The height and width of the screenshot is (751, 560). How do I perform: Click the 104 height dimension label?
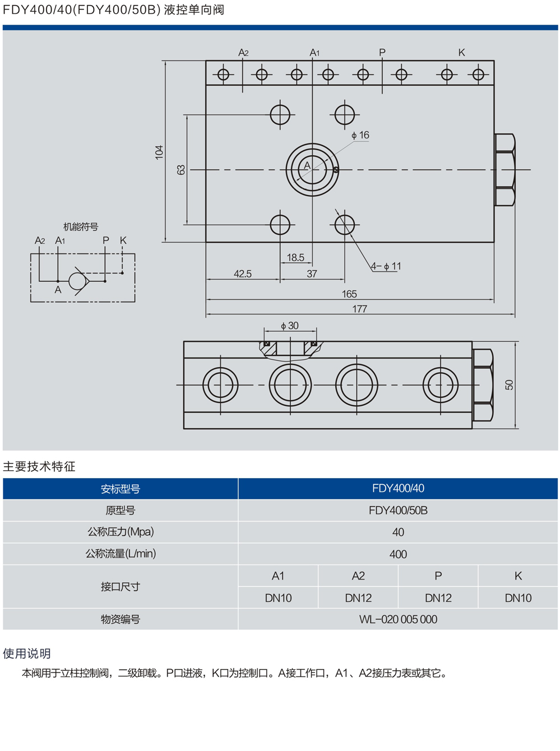tap(159, 152)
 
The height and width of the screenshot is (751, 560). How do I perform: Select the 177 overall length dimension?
tap(359, 309)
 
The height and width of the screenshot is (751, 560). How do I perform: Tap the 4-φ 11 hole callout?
tap(386, 266)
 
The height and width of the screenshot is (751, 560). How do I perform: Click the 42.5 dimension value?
tap(243, 273)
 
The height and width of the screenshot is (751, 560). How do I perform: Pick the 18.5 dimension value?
tap(295, 257)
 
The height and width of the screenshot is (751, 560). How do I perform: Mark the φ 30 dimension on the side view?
tap(290, 326)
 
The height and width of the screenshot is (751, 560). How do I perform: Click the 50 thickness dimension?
tap(509, 384)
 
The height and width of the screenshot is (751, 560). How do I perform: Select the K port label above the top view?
tap(461, 52)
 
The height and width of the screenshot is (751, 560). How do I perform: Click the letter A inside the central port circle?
tap(307, 165)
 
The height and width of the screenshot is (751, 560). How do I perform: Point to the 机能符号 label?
tap(81, 226)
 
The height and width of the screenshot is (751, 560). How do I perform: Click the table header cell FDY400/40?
tap(398, 488)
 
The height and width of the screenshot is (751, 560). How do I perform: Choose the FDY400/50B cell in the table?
tap(398, 510)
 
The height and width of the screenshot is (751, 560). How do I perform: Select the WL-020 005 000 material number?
tap(398, 619)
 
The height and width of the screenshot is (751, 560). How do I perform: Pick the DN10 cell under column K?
tap(518, 598)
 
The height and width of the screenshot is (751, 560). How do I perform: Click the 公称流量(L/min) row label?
tap(121, 554)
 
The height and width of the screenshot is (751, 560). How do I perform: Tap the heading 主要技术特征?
tap(39, 466)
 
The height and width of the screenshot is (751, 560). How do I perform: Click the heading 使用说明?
tap(27, 653)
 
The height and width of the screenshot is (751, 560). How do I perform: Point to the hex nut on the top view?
tap(505, 170)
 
